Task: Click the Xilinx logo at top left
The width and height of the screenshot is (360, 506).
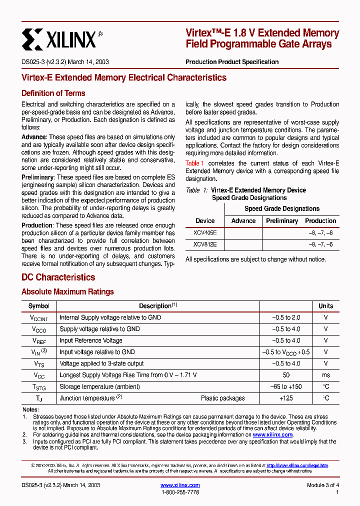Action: click(x=59, y=38)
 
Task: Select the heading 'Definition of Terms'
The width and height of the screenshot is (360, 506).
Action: click(x=53, y=93)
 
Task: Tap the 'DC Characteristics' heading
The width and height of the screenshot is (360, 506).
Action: click(x=58, y=277)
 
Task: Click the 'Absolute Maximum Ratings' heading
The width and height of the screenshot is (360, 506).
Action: click(x=67, y=291)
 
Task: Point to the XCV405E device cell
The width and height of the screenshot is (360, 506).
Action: click(x=205, y=233)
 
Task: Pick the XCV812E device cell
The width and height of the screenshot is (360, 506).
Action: click(x=205, y=244)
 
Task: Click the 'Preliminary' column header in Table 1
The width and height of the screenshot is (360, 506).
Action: click(x=281, y=220)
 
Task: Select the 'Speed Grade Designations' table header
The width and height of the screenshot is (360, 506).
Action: click(x=281, y=208)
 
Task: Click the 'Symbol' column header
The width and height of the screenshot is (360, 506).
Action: click(x=39, y=306)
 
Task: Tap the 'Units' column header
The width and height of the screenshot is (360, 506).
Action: click(x=325, y=306)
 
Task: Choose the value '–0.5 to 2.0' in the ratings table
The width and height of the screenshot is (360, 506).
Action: click(x=286, y=317)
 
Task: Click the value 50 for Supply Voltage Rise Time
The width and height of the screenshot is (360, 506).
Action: click(x=286, y=375)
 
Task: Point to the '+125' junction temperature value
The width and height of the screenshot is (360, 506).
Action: click(x=286, y=398)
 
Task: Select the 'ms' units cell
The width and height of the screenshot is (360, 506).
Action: click(x=325, y=375)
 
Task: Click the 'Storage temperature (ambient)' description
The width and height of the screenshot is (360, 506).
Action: click(x=99, y=386)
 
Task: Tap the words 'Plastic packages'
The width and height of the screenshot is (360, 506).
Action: click(x=222, y=398)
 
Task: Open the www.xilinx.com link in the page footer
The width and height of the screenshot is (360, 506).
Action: click(x=180, y=485)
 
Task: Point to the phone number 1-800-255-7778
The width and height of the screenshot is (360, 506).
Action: click(x=180, y=492)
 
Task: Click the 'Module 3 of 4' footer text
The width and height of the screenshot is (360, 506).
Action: click(x=323, y=485)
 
